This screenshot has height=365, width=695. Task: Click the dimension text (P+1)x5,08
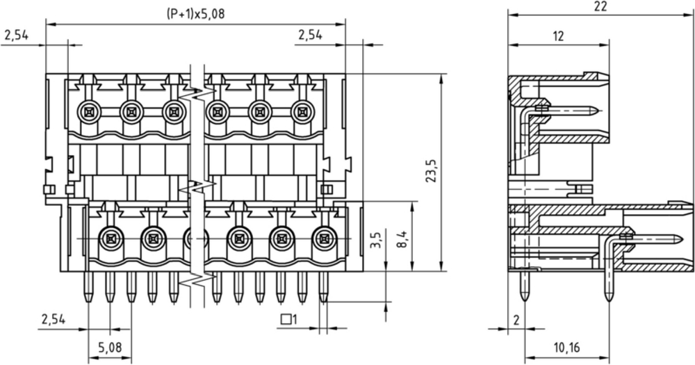[195, 14]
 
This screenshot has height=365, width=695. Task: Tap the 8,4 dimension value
[402, 238]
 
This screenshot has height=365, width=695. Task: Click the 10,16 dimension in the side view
[566, 347]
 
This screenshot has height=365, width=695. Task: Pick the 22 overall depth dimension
[600, 6]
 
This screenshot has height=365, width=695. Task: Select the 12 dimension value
[559, 36]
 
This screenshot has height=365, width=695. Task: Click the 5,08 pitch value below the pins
[110, 347]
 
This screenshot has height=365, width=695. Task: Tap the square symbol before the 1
[286, 319]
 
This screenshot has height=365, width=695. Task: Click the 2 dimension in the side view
[516, 320]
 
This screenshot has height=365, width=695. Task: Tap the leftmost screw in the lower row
[110, 239]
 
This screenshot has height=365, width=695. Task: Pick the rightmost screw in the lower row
[325, 239]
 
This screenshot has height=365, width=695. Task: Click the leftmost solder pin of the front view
[89, 286]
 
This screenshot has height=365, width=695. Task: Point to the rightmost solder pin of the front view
[324, 286]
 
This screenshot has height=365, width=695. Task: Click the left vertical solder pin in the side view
[525, 286]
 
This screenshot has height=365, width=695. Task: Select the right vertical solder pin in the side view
[609, 286]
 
